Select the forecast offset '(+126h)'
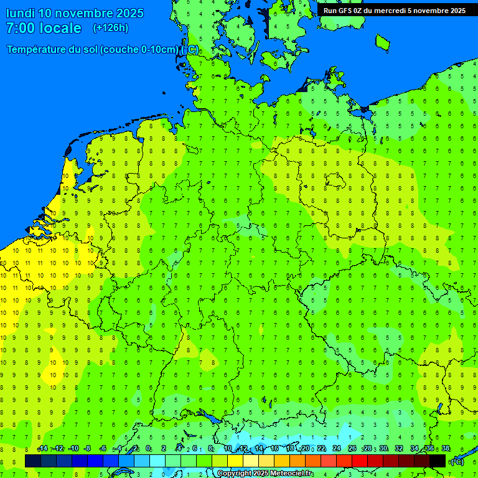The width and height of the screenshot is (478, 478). (x=110, y=28)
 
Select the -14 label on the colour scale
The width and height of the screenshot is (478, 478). (x=42, y=449)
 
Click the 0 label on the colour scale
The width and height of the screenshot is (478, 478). (x=148, y=449)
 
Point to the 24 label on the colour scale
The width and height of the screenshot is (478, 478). (x=337, y=449)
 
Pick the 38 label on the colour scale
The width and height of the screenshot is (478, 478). (x=446, y=449)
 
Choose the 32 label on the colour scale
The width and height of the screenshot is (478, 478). (x=399, y=449)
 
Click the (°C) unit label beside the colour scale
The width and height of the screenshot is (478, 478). (x=457, y=462)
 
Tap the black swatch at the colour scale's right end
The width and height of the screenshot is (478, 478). (x=438, y=461)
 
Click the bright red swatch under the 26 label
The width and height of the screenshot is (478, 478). (x=360, y=461)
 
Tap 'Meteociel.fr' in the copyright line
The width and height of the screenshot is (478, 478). (x=292, y=474)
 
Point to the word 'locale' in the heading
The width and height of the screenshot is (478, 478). (x=60, y=28)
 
